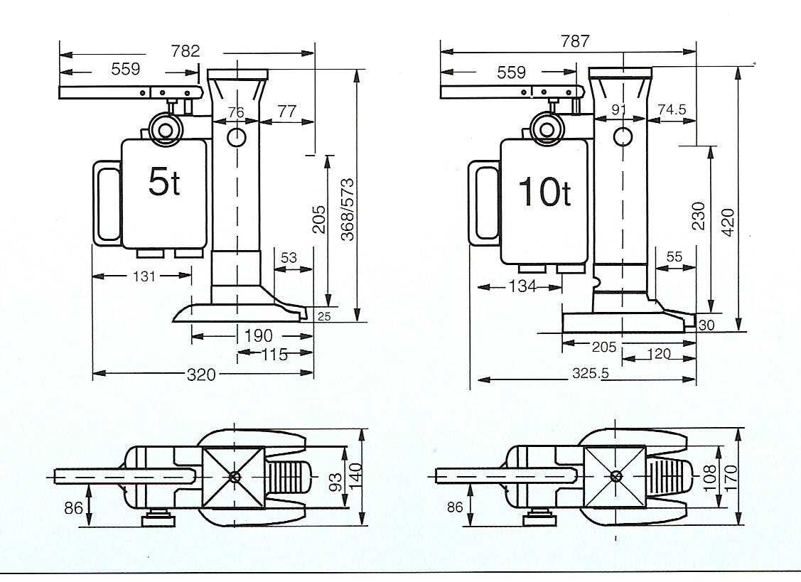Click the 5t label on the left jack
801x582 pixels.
tap(164, 183)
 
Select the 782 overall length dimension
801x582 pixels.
tap(186, 51)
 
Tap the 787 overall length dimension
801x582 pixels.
tap(575, 41)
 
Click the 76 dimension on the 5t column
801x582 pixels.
tap(236, 112)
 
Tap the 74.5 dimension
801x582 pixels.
tap(672, 110)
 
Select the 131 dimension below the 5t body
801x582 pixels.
tap(144, 276)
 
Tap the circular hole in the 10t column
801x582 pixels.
tap(623, 136)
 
